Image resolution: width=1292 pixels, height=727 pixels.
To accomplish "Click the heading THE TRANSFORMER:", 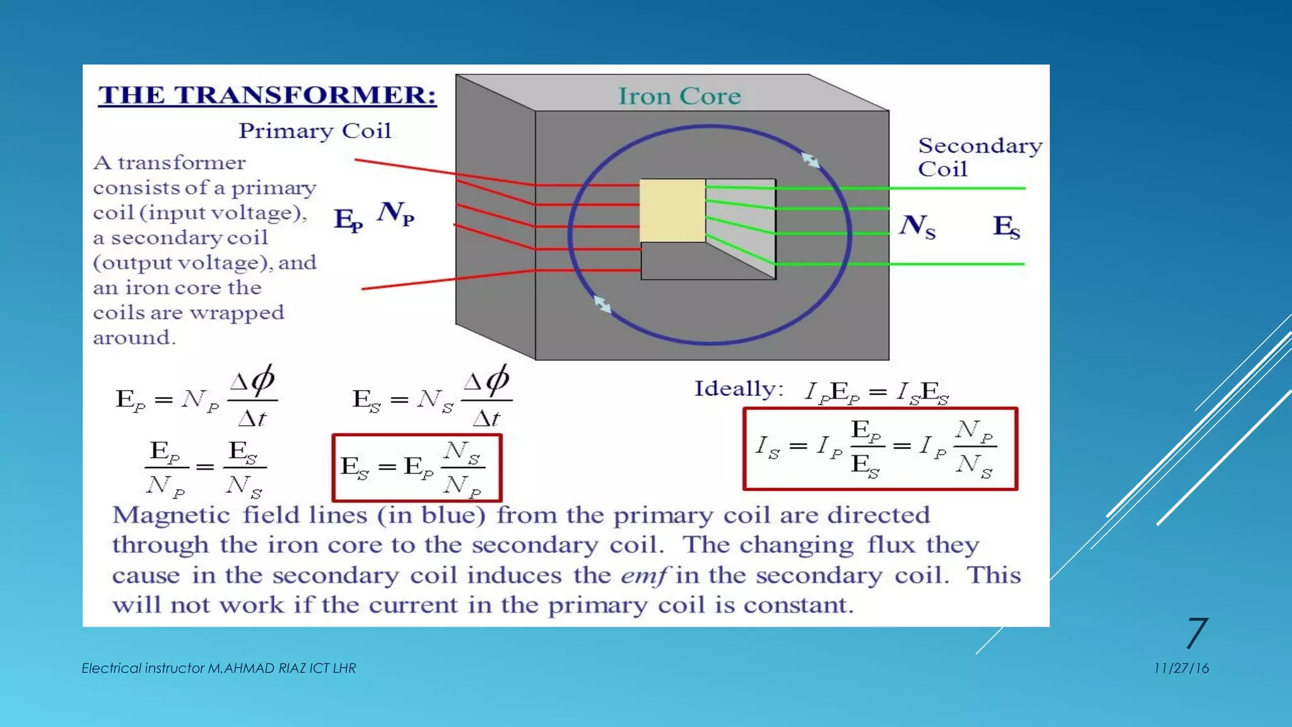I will [x=267, y=95].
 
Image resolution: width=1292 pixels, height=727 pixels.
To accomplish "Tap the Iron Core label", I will [x=679, y=96].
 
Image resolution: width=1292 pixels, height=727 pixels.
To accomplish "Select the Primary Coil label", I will [x=315, y=131].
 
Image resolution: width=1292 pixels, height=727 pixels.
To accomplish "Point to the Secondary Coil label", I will [x=979, y=157].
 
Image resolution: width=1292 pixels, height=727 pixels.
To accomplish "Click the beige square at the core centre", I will [x=672, y=210].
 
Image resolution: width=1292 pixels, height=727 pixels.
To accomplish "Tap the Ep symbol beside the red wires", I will [x=348, y=220].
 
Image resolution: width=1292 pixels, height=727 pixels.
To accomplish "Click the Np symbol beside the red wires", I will [x=396, y=213].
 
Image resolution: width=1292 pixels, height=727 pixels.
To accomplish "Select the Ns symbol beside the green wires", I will [x=917, y=227].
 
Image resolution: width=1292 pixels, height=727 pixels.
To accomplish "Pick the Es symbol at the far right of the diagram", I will [x=1006, y=227].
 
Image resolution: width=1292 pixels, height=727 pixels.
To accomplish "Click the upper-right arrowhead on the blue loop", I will [x=811, y=160].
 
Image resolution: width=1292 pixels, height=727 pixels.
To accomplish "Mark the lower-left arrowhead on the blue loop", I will [x=602, y=305].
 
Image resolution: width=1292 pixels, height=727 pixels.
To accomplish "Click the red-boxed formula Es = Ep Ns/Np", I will [x=417, y=468].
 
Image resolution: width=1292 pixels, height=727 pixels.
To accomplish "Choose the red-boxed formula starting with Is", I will [x=880, y=449].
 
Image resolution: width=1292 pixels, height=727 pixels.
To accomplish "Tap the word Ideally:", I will [x=739, y=389].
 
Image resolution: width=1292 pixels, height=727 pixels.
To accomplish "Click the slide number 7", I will [x=1197, y=633].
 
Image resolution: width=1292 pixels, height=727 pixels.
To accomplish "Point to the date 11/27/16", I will [x=1181, y=668].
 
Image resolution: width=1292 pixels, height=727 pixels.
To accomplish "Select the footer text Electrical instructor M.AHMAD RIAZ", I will [x=218, y=668].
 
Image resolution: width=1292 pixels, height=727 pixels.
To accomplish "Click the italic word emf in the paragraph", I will [x=643, y=576].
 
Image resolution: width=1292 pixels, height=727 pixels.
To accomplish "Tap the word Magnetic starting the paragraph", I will [x=171, y=516].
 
